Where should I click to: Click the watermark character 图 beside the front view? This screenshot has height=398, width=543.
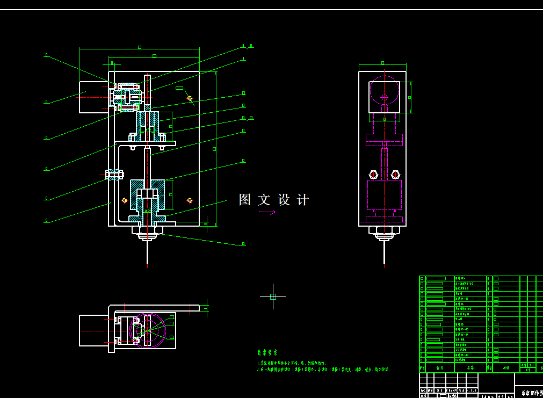pyautogui.click(x=245, y=200)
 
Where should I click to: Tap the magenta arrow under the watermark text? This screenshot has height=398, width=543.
pyautogui.click(x=267, y=212)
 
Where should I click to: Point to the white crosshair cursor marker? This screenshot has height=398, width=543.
pyautogui.click(x=273, y=296)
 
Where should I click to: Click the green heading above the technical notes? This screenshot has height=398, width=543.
pyautogui.click(x=267, y=353)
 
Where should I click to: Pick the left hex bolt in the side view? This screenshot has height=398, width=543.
pyautogui.click(x=373, y=175)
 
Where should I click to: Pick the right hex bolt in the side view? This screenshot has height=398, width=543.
pyautogui.click(x=396, y=175)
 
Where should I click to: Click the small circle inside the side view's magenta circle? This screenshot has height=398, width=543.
pyautogui.click(x=384, y=97)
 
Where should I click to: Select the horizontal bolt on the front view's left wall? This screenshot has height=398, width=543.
pyautogui.click(x=114, y=173)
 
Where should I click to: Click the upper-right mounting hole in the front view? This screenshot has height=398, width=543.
pyautogui.click(x=190, y=98)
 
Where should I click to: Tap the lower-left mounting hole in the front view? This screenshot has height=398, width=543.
pyautogui.click(x=124, y=200)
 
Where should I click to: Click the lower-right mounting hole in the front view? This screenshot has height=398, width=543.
pyautogui.click(x=190, y=200)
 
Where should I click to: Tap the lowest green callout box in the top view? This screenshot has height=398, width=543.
pyautogui.click(x=172, y=338)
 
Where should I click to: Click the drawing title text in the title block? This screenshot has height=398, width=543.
pyautogui.click(x=528, y=393)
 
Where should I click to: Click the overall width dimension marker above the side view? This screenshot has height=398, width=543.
pyautogui.click(x=382, y=63)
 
